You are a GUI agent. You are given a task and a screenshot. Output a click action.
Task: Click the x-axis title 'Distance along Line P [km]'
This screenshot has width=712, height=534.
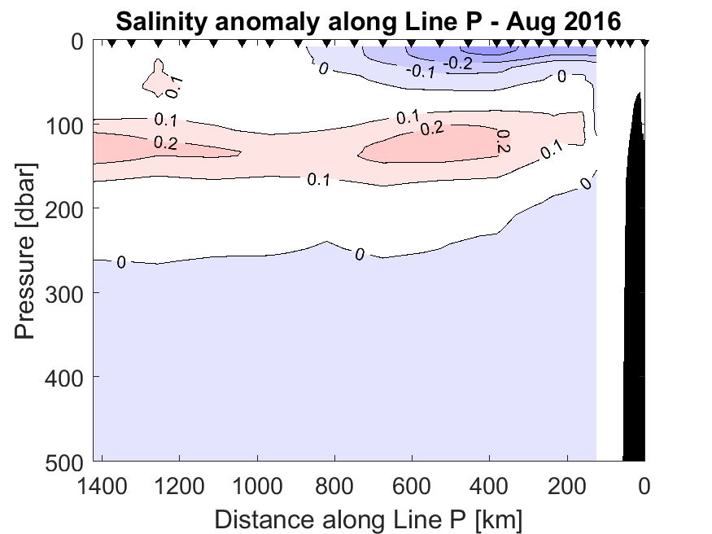click(x=368, y=518)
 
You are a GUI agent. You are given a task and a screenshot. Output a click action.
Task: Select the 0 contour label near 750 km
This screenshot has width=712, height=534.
click(x=358, y=255)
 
